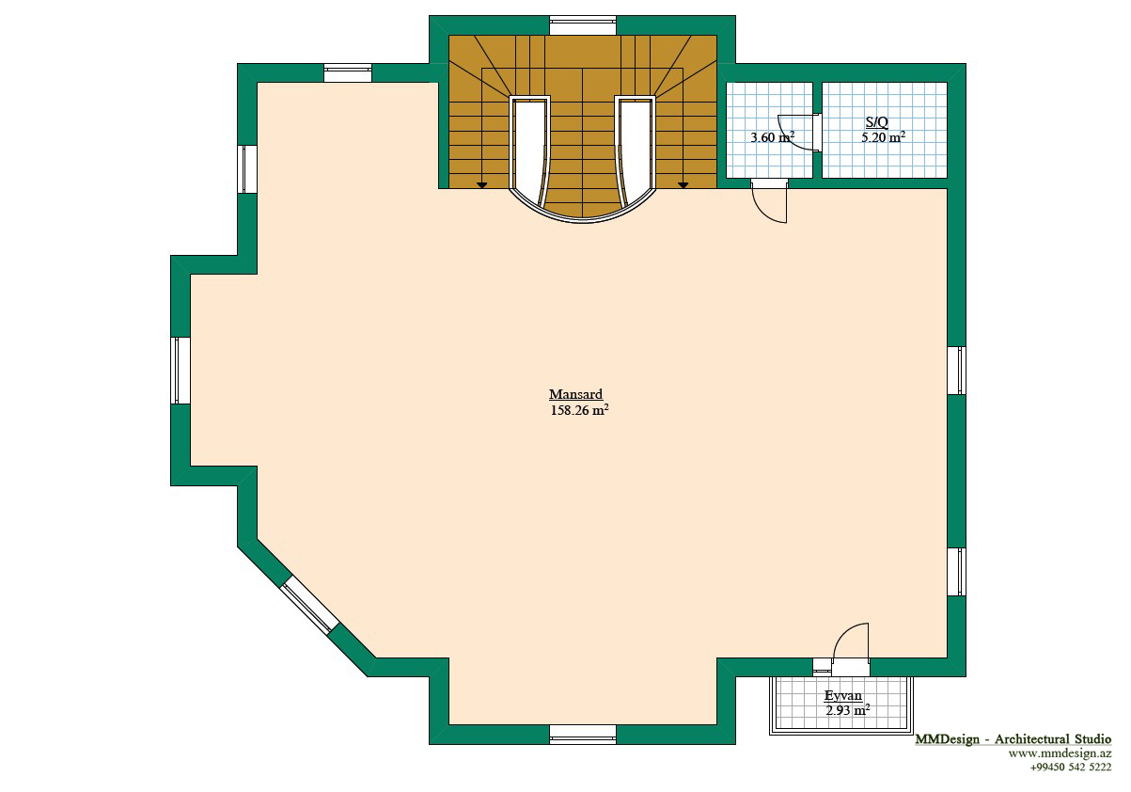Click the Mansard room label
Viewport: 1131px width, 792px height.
575,394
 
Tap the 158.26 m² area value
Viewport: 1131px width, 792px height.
579,410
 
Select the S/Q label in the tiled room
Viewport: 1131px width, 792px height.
876,121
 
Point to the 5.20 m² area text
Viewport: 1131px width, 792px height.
883,137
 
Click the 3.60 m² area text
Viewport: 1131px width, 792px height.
773,137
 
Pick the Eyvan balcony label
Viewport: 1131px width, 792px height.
843,695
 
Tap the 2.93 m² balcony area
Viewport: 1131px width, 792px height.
848,711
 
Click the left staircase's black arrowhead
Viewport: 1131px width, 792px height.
482,185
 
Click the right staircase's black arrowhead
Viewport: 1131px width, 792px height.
683,185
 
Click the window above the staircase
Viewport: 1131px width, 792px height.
583,25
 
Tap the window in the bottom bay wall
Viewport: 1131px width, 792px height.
583,735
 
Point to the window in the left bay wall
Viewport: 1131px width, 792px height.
181,371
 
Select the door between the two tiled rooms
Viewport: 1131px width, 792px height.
799,133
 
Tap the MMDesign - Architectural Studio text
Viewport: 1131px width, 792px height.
1013,739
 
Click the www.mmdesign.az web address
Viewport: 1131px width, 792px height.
1060,753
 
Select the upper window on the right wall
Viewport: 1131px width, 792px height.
956,371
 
